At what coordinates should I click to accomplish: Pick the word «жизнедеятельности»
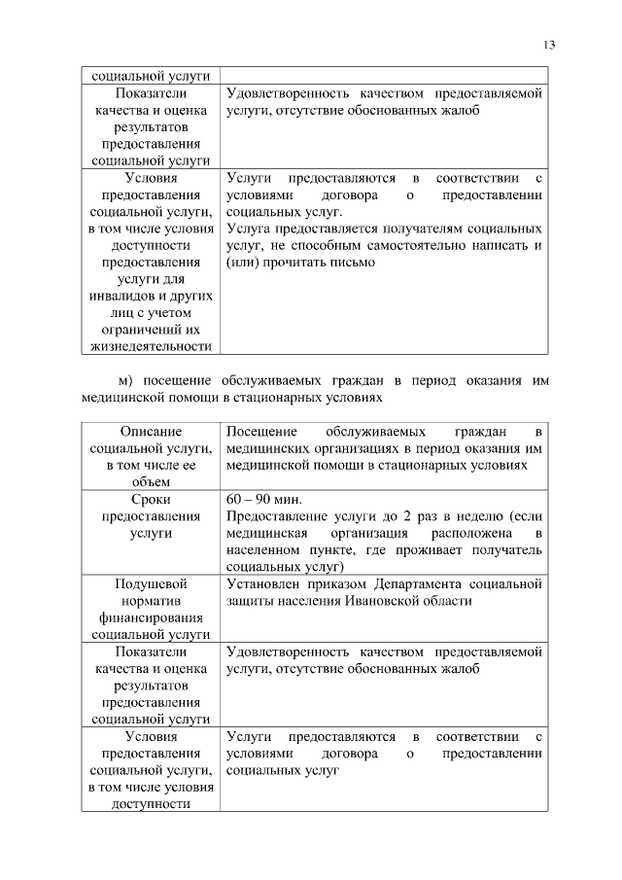click(x=150, y=346)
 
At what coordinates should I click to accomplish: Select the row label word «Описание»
click(x=150, y=430)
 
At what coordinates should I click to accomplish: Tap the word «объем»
click(x=150, y=480)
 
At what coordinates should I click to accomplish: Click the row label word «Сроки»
click(x=150, y=498)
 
